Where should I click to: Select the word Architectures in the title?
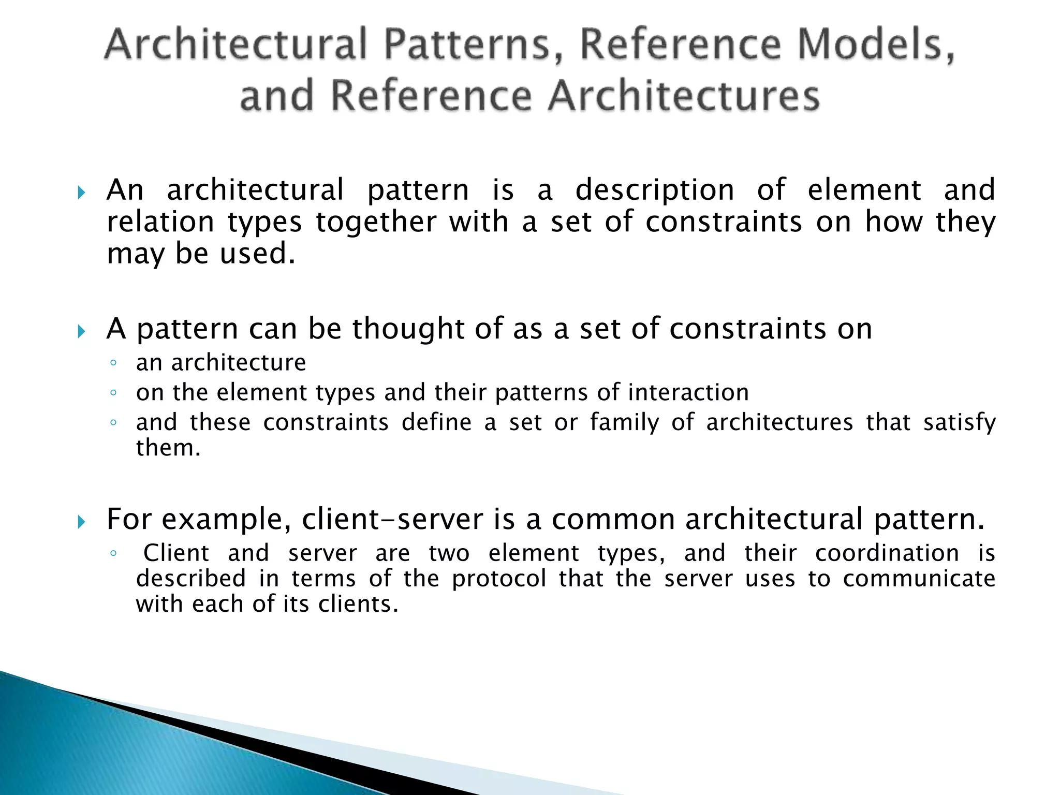pyautogui.click(x=684, y=96)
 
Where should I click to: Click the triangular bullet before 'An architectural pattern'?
pyautogui.click(x=81, y=193)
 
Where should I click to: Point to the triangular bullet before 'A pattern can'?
pyautogui.click(x=81, y=331)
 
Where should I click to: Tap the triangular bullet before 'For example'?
pyautogui.click(x=81, y=522)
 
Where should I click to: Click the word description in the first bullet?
pyautogui.click(x=655, y=190)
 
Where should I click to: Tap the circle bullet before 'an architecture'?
pyautogui.click(x=113, y=363)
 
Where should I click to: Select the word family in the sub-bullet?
pyautogui.click(x=624, y=422)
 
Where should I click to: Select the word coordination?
pyautogui.click(x=887, y=553)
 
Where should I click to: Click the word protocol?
pyautogui.click(x=499, y=579)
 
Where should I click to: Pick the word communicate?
pyautogui.click(x=919, y=579)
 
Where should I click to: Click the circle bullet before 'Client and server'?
pyautogui.click(x=113, y=553)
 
